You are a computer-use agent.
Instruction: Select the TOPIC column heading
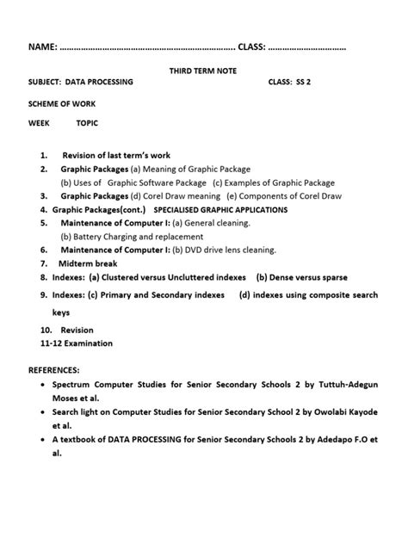(x=87, y=124)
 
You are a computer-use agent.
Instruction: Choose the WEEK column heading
(x=40, y=124)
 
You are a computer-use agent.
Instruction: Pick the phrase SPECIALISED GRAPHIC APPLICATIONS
(x=220, y=209)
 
